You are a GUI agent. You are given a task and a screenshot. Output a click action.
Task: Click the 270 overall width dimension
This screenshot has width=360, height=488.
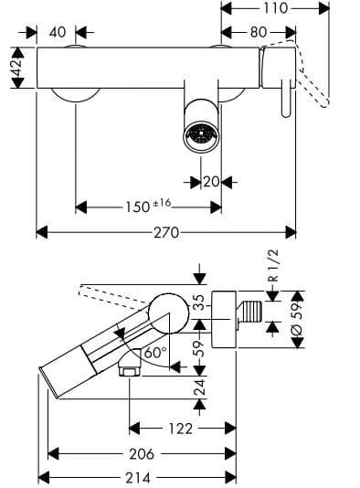tap(165, 233)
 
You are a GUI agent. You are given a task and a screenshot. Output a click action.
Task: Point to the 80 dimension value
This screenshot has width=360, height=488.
tap(258, 32)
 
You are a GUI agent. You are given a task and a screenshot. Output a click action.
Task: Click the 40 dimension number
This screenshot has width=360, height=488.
tap(58, 32)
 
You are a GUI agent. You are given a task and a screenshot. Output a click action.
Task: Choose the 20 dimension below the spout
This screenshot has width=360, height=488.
tap(211, 181)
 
